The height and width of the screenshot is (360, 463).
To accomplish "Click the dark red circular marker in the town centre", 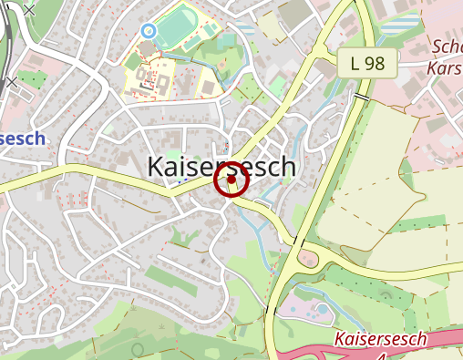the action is (231, 180).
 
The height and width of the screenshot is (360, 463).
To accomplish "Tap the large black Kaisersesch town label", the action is (221, 166).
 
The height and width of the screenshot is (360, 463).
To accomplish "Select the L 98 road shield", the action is (367, 63).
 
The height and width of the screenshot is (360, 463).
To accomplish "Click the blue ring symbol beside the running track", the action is (149, 31).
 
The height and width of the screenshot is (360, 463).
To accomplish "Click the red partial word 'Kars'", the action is (445, 67).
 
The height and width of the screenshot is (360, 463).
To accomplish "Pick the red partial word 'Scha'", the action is (447, 47).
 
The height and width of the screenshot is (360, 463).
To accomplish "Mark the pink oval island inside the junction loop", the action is (308, 260).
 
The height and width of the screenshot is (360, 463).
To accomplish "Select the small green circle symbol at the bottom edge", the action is (138, 349).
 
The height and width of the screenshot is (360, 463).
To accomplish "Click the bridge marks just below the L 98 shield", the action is (363, 95).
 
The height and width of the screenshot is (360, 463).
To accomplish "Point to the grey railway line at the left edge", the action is (5, 36).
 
